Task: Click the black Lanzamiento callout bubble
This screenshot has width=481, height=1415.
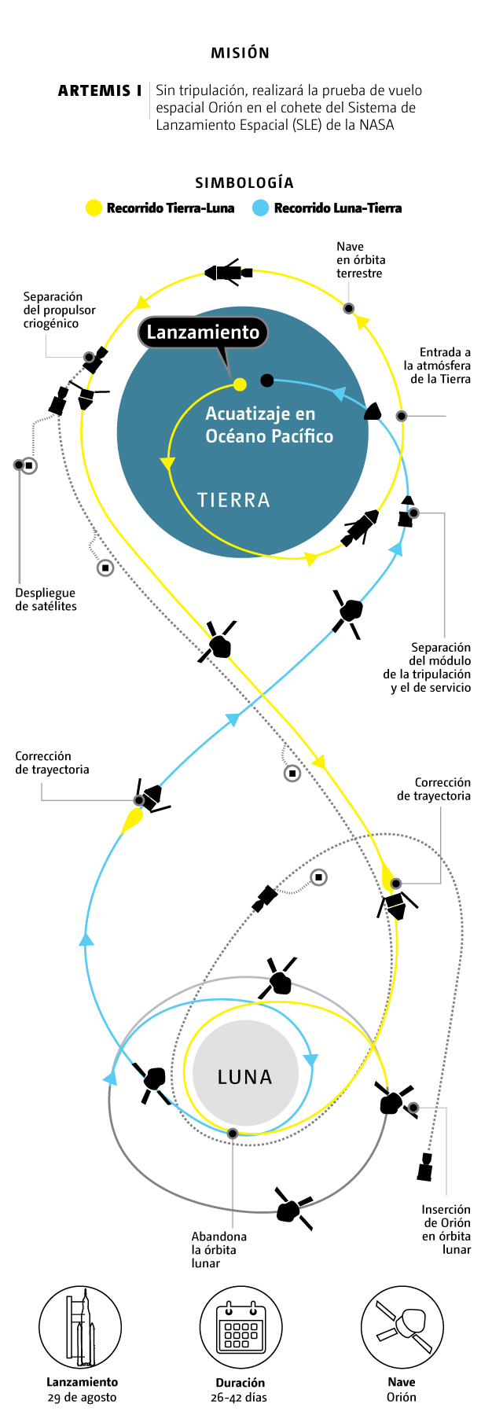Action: [x=203, y=333]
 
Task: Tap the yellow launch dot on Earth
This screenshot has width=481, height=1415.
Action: [x=240, y=384]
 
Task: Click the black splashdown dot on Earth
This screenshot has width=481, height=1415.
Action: [x=267, y=380]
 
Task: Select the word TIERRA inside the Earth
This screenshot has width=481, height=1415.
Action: [x=233, y=500]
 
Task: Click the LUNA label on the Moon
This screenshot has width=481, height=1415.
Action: [x=245, y=1077]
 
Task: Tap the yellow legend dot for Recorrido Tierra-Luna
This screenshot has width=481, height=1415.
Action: [x=94, y=208]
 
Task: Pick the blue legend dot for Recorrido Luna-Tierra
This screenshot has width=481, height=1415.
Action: [x=261, y=208]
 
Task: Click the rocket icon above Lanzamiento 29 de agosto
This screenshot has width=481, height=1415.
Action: [x=81, y=1328]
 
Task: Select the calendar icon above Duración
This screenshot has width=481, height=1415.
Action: [x=240, y=1328]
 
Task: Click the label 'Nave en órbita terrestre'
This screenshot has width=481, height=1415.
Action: [x=361, y=259]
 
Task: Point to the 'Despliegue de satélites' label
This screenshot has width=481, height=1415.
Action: [x=46, y=600]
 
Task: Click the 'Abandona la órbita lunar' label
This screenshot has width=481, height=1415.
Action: [x=218, y=1250]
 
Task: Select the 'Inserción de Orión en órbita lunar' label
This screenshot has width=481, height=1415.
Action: [x=446, y=1229]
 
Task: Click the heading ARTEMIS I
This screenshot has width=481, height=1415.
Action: [x=100, y=91]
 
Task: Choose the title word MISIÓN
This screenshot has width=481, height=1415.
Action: [x=240, y=53]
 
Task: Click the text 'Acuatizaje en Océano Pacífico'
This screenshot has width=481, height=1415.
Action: [x=269, y=425]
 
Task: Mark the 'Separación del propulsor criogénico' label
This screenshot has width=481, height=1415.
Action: [x=59, y=310]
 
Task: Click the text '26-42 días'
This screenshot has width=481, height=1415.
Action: [x=239, y=1397]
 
